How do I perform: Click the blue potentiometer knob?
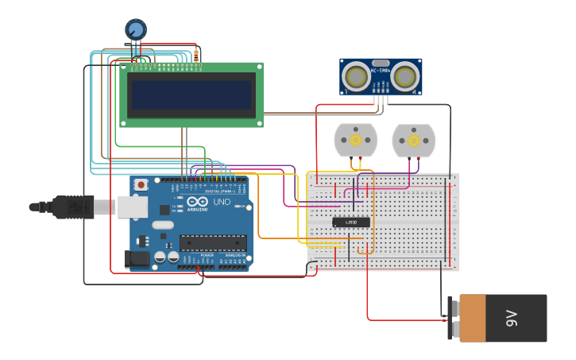pos(136,29)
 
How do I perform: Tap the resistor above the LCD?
pos(197,52)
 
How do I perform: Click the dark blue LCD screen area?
pos(192,95)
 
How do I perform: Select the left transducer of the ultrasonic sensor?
pos(354,76)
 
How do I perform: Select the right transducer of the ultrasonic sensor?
pos(407,76)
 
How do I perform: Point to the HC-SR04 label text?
pos(381,71)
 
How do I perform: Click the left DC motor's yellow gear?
pos(355,141)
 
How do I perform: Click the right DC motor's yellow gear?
pos(413,141)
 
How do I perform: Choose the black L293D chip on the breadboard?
pos(350,222)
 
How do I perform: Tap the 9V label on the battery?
pos(512,319)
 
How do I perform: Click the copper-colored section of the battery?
pos(472,318)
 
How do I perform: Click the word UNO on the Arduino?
pos(221,202)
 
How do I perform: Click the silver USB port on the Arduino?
pos(133,207)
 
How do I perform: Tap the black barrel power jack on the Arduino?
pos(137,258)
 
